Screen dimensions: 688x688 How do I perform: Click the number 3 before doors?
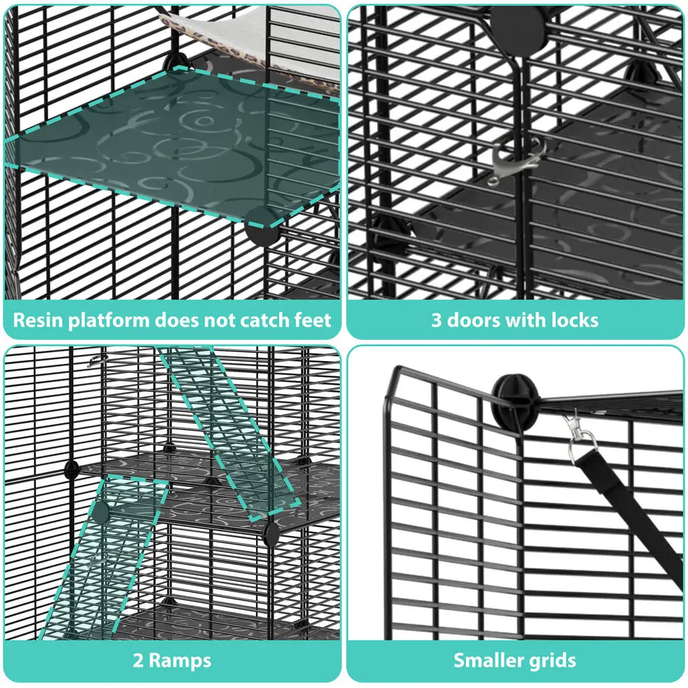[436, 320]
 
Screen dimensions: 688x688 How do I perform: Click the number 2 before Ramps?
[138, 661]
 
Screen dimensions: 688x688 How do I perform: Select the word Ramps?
[180, 661]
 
